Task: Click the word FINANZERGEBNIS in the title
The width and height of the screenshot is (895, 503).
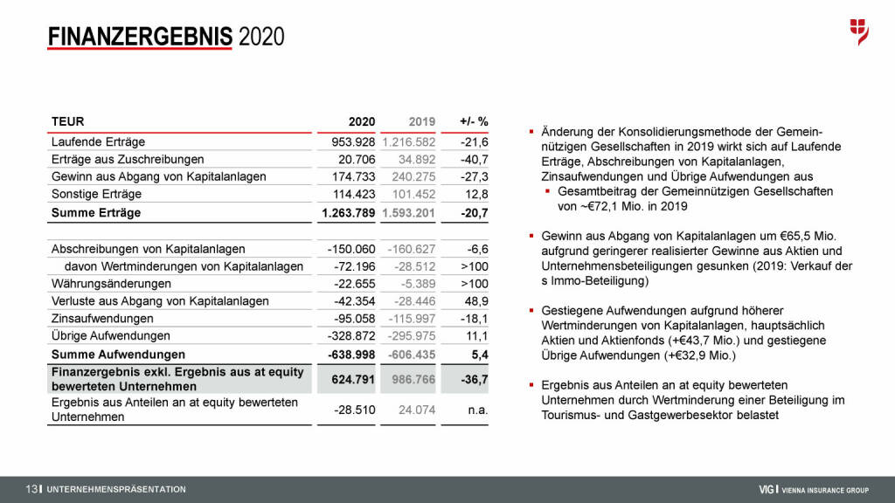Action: [140, 37]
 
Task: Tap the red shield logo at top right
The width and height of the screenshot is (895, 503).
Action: [859, 31]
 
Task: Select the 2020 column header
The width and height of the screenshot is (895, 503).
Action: [361, 121]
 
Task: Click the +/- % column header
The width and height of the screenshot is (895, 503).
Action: [473, 121]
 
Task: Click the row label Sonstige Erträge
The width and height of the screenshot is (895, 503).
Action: [96, 194]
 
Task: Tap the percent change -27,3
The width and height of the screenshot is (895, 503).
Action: [474, 176]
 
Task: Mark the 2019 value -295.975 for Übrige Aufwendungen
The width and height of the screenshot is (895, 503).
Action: [409, 336]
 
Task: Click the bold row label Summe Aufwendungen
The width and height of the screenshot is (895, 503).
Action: [118, 355]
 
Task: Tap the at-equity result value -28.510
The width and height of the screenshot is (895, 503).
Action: [354, 410]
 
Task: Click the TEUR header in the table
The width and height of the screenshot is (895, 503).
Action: [67, 121]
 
